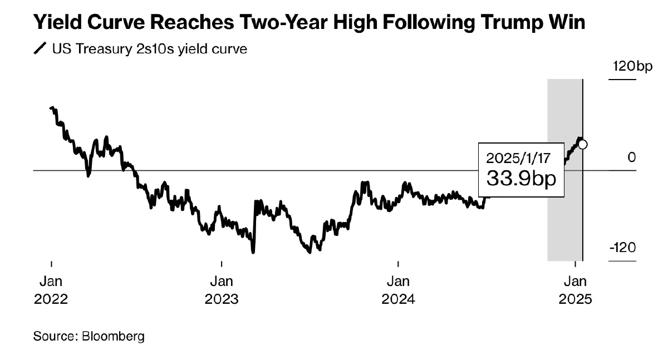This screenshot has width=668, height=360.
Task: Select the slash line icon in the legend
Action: pyautogui.click(x=40, y=49)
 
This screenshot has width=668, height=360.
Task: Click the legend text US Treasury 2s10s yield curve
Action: pyautogui.click(x=149, y=49)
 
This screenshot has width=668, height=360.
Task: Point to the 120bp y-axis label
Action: pyautogui.click(x=631, y=67)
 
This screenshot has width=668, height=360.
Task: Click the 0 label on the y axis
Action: pyautogui.click(x=631, y=157)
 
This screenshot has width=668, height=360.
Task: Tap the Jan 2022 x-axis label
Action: pyautogui.click(x=51, y=290)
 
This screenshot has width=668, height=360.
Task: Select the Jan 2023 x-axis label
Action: pyautogui.click(x=222, y=290)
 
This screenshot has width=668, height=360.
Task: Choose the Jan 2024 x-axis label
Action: pyautogui.click(x=398, y=290)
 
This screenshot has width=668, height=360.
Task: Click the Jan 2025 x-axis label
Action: pyautogui.click(x=576, y=290)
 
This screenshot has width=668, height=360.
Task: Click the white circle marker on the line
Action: pyautogui.click(x=583, y=145)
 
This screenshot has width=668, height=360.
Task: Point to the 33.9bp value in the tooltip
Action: pyautogui.click(x=521, y=178)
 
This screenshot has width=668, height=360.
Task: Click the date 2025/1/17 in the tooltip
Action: pyautogui.click(x=518, y=157)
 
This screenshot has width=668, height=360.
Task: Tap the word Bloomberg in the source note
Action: pyautogui.click(x=113, y=336)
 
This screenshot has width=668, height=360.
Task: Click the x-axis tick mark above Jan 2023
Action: pyautogui.click(x=222, y=264)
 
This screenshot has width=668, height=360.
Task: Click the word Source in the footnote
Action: pyautogui.click(x=54, y=336)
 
